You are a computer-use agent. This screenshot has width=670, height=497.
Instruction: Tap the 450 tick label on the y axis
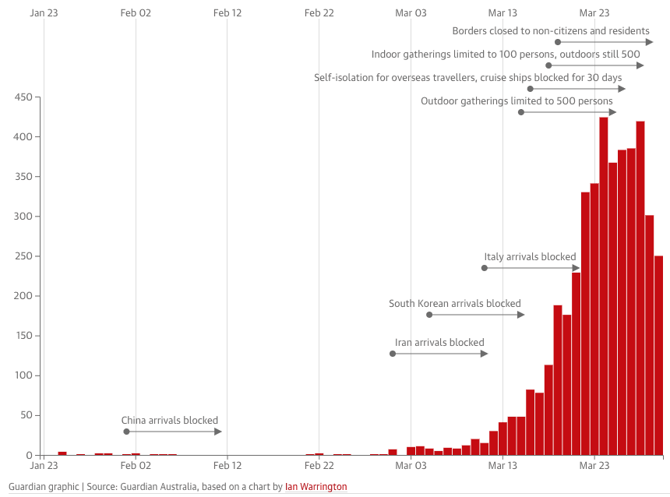click(x=22, y=97)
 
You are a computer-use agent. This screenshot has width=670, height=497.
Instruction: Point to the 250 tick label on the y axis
click(x=22, y=256)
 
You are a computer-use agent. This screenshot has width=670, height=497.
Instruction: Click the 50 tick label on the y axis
click(x=25, y=415)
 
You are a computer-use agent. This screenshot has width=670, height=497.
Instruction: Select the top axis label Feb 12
click(x=227, y=12)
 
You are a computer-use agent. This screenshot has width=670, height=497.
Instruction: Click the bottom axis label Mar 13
click(x=503, y=466)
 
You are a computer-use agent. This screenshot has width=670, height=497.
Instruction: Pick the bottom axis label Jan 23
click(x=44, y=466)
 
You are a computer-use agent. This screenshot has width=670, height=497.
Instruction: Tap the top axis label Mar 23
click(x=594, y=12)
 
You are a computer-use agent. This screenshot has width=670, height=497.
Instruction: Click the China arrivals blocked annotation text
click(x=169, y=421)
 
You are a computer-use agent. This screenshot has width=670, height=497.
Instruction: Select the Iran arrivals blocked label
click(x=439, y=343)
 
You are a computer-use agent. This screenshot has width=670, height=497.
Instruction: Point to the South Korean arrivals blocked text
click(x=455, y=304)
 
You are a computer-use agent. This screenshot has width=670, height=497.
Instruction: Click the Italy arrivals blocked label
click(x=530, y=257)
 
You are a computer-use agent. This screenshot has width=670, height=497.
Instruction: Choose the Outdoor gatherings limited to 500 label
click(x=517, y=101)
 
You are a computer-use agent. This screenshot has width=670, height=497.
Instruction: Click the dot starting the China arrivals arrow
click(x=126, y=432)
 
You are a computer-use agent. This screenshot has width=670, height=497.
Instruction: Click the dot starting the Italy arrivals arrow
click(x=484, y=268)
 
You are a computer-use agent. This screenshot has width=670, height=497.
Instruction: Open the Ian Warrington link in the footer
click(x=316, y=487)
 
